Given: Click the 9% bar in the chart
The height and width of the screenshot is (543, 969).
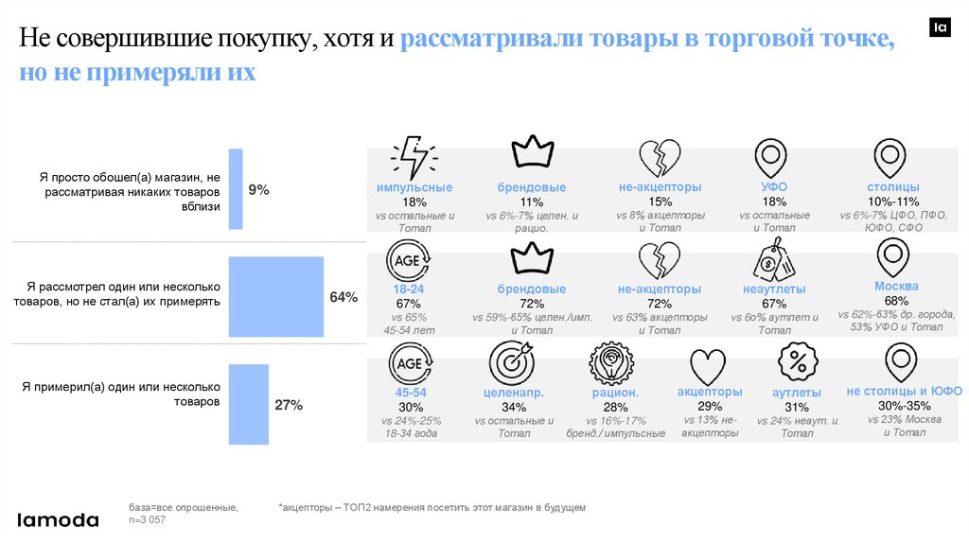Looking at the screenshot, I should coord(236,189).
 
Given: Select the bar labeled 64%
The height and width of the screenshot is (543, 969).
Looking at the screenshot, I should coord(275,296).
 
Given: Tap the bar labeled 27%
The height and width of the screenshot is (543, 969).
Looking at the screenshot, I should coord(250,405).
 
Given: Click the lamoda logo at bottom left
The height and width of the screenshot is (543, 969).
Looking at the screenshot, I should coord(59,519).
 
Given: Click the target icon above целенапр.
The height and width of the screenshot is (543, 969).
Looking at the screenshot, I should coord(512,363).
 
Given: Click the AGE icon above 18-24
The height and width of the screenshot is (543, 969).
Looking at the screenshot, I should coord(409,260).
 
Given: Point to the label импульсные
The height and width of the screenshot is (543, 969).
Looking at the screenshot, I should coord(414,187).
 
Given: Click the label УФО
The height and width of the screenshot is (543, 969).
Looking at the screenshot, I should coord(774,187).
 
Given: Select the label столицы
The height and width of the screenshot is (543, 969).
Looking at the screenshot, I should coord(893,187).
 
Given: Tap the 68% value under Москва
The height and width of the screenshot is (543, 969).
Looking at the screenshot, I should coord(896,301).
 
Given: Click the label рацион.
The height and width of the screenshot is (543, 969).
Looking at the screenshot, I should coord(616,393).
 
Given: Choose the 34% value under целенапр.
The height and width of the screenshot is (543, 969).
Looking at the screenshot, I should coord(514,408).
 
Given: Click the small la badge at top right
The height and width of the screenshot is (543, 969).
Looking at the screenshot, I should coord(941,28).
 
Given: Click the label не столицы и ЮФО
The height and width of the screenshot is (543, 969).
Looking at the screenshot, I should coord(905,391).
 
